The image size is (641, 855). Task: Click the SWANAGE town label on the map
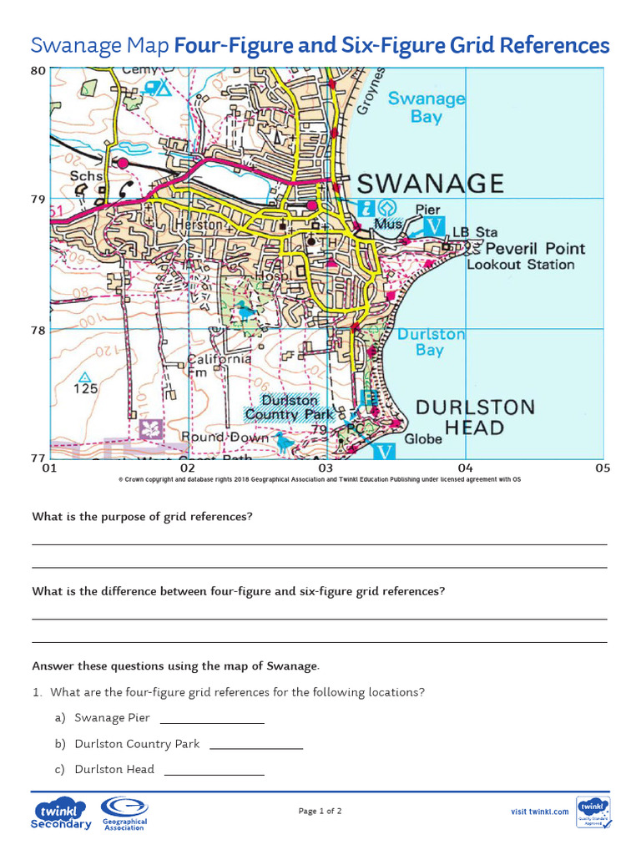[x=431, y=184]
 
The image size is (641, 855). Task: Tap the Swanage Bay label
[x=426, y=108]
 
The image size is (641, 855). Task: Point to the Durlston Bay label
[x=431, y=341]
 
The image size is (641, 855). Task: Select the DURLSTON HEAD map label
[x=474, y=417]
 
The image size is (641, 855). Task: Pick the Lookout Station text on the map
[x=521, y=265]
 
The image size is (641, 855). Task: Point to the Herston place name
[x=198, y=225]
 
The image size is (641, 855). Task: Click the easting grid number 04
[x=465, y=468]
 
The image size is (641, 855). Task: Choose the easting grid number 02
[x=187, y=468]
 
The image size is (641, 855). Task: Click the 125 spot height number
[x=85, y=388]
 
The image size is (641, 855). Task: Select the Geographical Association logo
[x=124, y=813]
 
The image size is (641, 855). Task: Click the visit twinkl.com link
[x=540, y=812]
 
